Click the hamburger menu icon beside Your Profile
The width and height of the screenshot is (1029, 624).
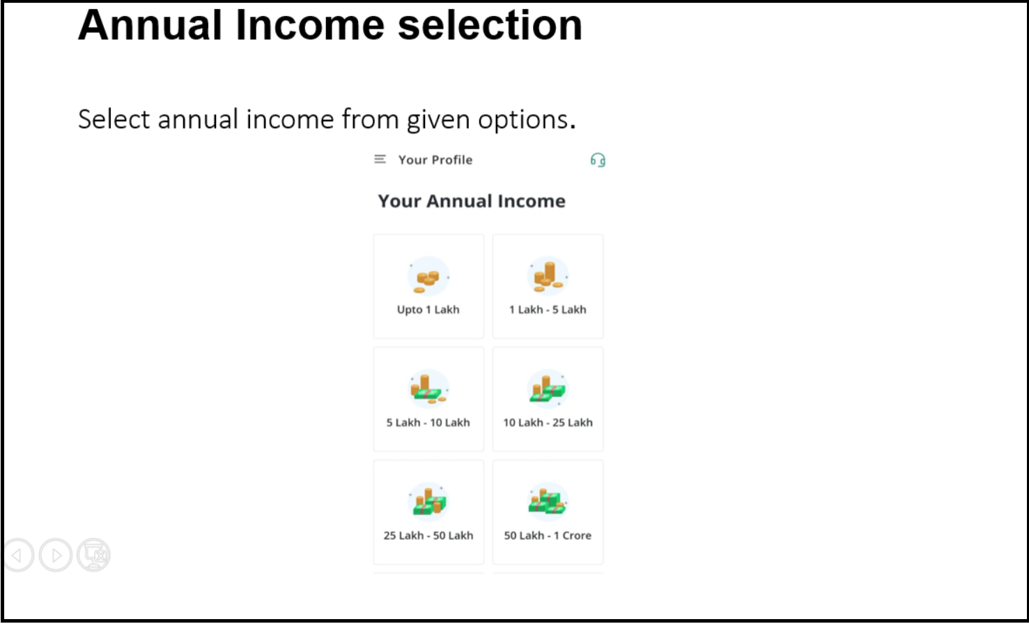tap(380, 159)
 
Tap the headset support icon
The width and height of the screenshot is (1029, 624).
tap(598, 160)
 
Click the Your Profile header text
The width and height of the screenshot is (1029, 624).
tap(435, 159)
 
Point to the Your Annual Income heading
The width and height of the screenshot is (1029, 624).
tap(472, 201)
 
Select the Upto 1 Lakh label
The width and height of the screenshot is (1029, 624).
tap(428, 309)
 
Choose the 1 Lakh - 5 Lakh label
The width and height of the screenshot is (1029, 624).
tap(548, 309)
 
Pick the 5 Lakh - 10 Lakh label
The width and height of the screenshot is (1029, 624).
tap(428, 423)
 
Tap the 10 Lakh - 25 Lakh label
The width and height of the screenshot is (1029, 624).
tap(548, 423)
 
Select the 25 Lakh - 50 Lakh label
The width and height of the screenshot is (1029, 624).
tap(428, 536)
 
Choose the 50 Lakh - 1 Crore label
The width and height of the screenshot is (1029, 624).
tap(548, 536)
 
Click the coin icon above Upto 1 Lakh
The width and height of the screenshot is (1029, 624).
tap(428, 277)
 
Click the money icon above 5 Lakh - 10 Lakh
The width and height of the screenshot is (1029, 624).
tap(428, 389)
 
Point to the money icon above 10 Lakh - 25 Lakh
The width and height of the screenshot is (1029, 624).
tap(548, 389)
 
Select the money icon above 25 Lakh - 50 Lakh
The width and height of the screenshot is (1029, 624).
tap(428, 502)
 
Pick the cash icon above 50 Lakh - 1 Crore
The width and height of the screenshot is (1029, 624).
tap(548, 502)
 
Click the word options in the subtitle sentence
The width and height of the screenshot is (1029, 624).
tap(523, 120)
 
